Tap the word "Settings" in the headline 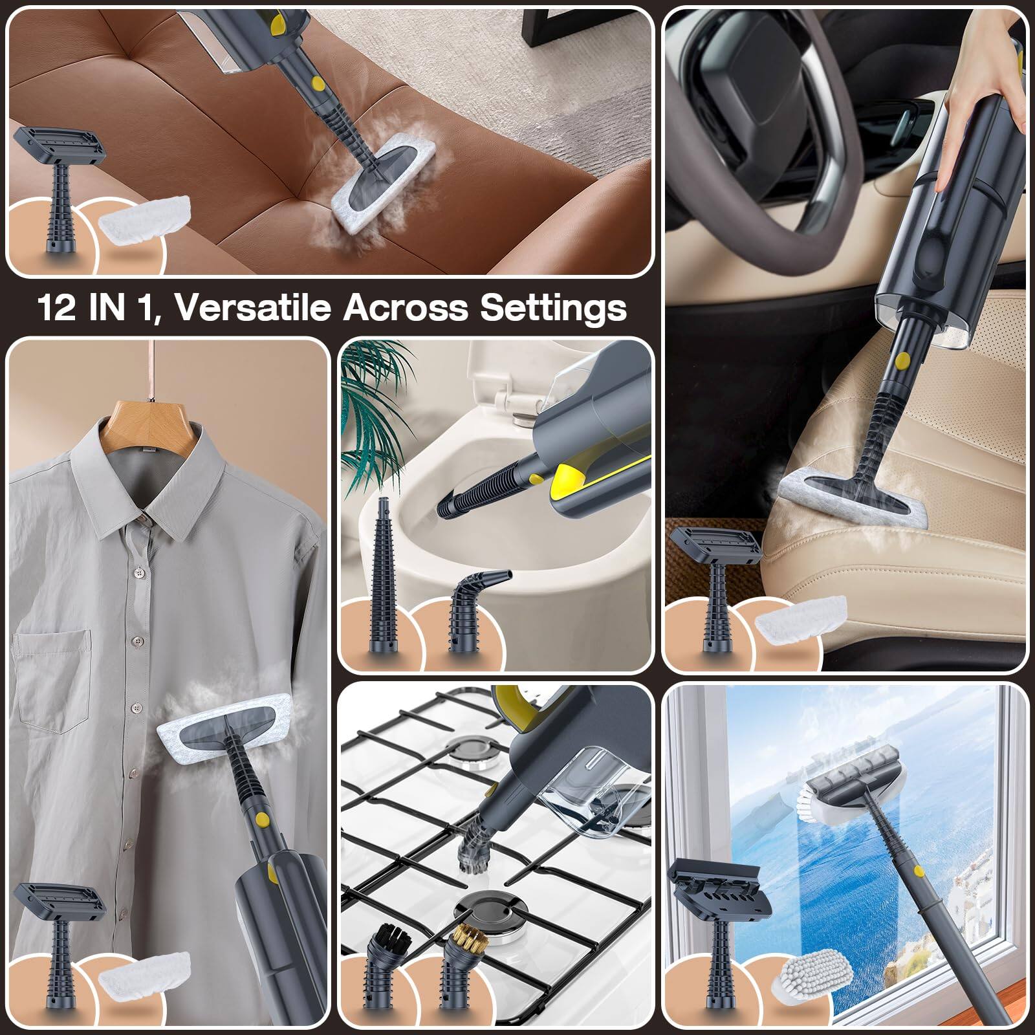coord(552,308)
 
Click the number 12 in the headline coord(57,307)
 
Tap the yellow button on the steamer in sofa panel coord(316,84)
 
